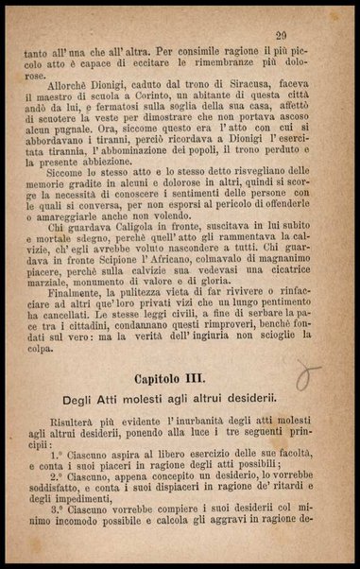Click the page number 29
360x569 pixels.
[x=281, y=35]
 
